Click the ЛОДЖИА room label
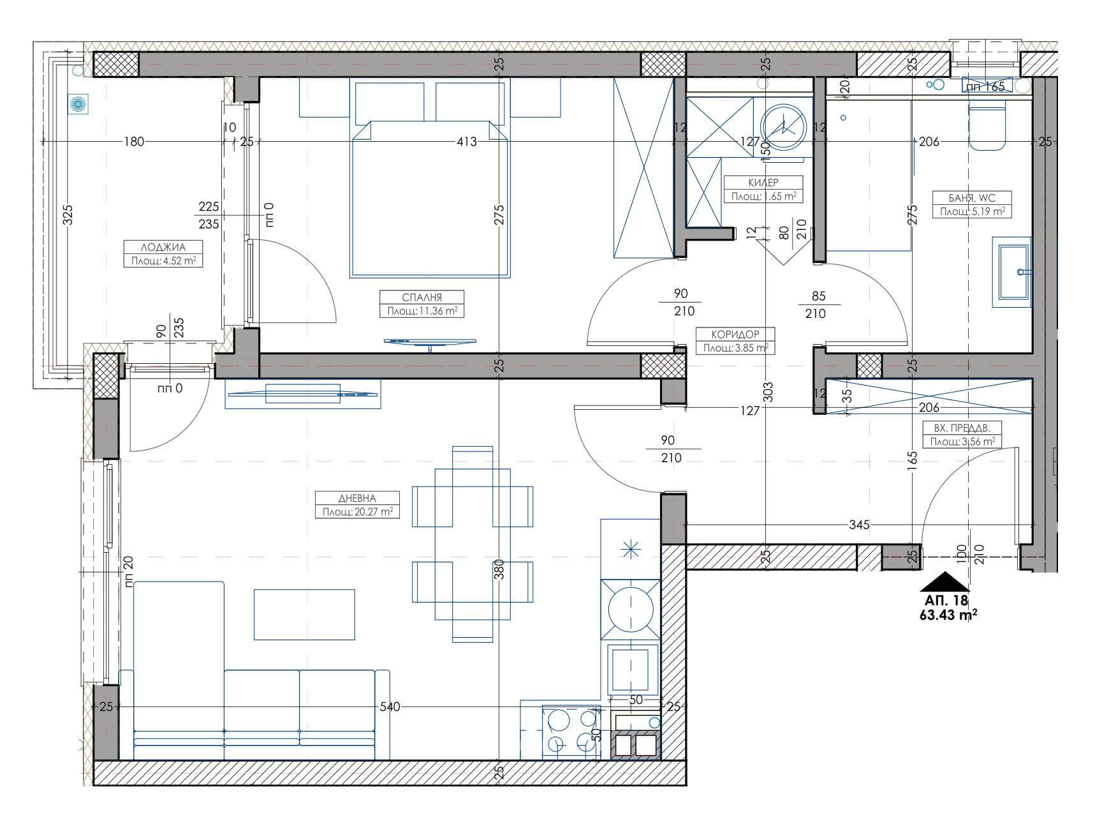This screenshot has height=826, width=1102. (x=163, y=248)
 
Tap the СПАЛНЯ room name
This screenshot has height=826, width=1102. (x=422, y=297)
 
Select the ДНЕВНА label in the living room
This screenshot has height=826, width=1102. (x=358, y=499)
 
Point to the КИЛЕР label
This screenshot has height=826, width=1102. (x=763, y=183)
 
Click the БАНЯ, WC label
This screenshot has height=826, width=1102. (x=973, y=198)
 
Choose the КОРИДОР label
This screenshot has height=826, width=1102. (x=735, y=334)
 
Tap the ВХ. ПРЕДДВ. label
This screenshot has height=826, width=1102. (x=962, y=428)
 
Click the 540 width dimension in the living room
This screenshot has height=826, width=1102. (x=390, y=707)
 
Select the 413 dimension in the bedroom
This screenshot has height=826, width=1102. (x=466, y=142)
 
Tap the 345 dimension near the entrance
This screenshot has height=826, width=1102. (x=859, y=525)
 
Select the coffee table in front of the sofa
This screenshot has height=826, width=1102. (x=304, y=614)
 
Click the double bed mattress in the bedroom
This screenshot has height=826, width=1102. (x=430, y=199)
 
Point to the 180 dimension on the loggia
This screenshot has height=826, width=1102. (x=133, y=142)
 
